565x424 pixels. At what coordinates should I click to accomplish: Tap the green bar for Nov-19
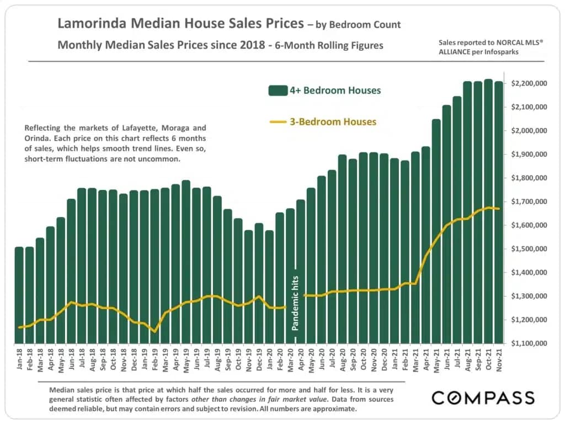click(x=248, y=287)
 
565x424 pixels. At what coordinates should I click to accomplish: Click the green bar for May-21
click(x=436, y=232)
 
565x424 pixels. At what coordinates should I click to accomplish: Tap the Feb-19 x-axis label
click(x=154, y=361)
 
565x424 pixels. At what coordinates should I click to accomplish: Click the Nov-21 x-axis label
click(x=498, y=361)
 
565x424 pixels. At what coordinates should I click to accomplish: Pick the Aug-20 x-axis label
click(x=342, y=361)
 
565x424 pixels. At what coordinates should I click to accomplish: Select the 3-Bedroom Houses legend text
click(x=333, y=121)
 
